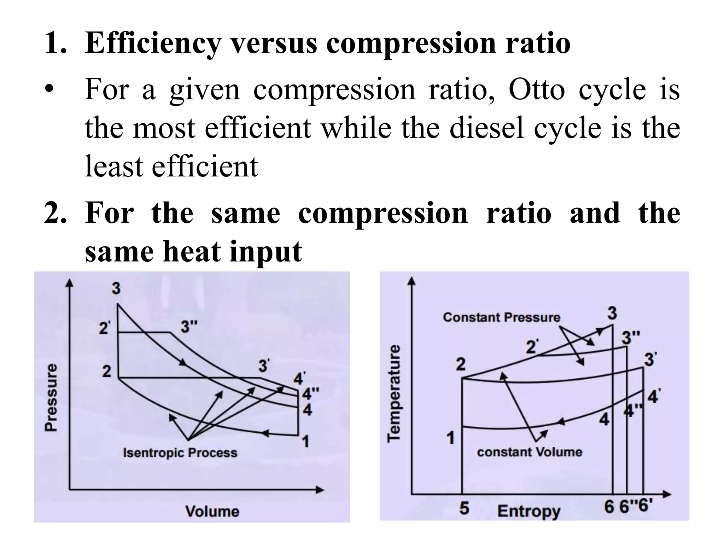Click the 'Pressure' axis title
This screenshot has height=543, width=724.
[x=51, y=397]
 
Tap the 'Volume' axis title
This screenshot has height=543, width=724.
[x=212, y=512]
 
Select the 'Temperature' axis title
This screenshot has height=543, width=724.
[x=394, y=393]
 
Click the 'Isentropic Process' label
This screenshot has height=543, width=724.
[x=180, y=453]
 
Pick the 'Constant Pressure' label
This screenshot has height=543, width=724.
[x=502, y=317]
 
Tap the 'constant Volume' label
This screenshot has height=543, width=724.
[x=530, y=452]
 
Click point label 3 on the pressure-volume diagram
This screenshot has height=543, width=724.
[x=116, y=288]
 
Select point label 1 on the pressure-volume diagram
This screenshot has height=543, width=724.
[x=305, y=441]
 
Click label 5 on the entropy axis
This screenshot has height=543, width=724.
[x=464, y=508]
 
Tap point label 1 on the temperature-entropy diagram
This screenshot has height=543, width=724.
[x=450, y=438]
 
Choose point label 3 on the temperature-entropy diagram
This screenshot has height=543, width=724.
[x=612, y=313]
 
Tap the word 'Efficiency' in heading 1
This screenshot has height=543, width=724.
[x=153, y=44]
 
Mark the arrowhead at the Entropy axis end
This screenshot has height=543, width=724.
[x=667, y=494]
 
